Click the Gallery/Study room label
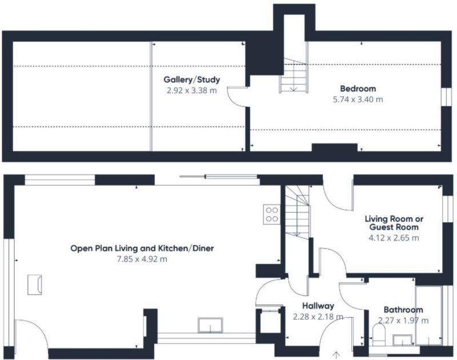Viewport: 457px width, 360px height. point(192,79)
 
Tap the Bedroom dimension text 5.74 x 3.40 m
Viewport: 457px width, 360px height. point(358,99)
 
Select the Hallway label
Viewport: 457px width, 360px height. point(318,306)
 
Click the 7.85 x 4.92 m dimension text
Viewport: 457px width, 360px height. point(142,259)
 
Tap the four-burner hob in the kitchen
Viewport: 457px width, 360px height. point(272,214)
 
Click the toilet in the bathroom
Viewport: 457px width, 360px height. point(379,335)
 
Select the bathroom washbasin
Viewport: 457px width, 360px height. point(403,340)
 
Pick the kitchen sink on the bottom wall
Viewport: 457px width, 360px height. point(210,325)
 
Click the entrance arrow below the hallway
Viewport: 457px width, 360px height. point(336,355)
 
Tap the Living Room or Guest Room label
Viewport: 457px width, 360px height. point(394,223)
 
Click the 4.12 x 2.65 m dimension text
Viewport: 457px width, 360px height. point(394,238)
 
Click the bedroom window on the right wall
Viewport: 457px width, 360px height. point(446,97)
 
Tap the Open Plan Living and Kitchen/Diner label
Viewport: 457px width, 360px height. point(142,249)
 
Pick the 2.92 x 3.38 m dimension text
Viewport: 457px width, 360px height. point(192,90)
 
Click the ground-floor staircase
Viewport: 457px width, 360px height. point(297,212)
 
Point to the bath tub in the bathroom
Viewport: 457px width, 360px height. point(428,315)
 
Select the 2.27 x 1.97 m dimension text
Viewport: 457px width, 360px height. point(403,321)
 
